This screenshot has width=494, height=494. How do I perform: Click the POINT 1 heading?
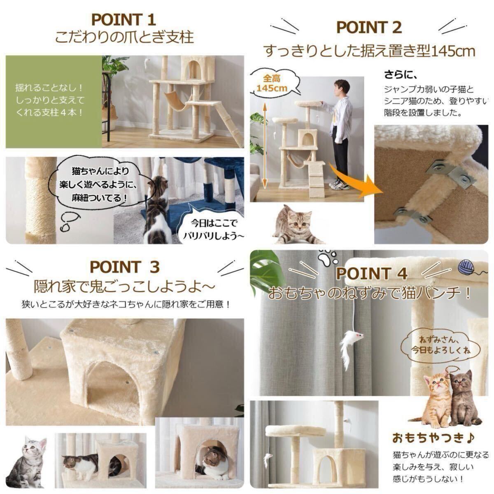[123, 20]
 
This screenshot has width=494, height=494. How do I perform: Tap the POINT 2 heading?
[369, 28]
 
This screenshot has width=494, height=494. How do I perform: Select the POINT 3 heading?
[125, 267]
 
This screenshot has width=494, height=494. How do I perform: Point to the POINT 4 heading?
[372, 273]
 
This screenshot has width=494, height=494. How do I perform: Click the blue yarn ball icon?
[466, 267]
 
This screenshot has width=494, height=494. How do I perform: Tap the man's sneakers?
[339, 184]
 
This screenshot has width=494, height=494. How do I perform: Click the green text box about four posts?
[54, 102]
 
